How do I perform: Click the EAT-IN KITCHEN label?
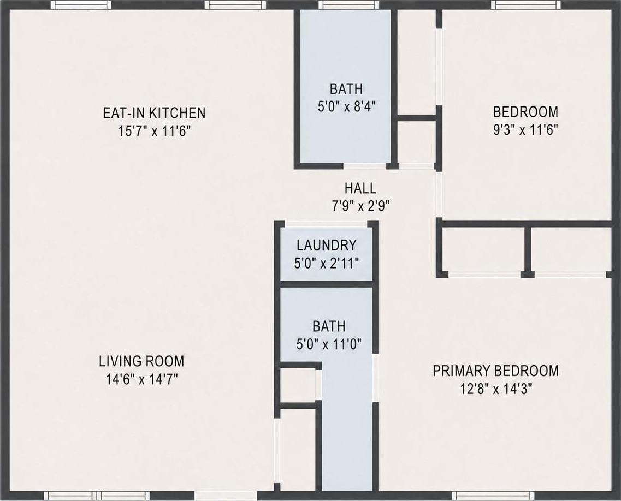pos(154,113)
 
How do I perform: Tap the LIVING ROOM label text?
pos(141,361)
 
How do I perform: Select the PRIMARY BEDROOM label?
pos(495,371)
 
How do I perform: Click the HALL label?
pos(360,188)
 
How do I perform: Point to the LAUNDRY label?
pos(327,246)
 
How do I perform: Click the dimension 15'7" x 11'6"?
pos(155,131)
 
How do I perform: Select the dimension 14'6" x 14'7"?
pos(141,379)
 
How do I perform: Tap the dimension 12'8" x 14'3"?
pos(495,390)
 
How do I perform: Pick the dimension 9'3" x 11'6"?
pos(525,130)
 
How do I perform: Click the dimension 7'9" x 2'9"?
pos(360,206)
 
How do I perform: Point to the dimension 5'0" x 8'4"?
pos(346,106)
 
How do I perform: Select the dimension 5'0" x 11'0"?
pos(329,344)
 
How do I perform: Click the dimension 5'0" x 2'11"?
pos(327,263)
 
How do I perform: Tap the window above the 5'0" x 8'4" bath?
pos(349,5)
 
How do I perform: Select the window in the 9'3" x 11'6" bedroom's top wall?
pos(526,5)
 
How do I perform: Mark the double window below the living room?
pos(97,496)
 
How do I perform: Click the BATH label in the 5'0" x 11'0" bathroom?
pos(329,326)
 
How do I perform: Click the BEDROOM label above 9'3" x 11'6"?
pos(525,112)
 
